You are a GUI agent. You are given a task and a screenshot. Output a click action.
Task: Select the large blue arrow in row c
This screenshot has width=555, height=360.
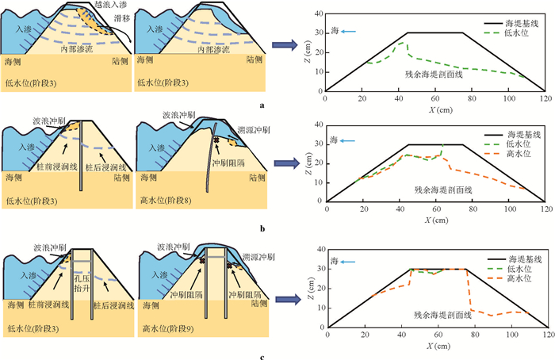287,298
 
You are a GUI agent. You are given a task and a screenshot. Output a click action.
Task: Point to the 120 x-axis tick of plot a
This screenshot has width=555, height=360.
545,96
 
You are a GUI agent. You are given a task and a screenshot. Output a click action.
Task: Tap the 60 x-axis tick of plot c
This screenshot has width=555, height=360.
436,335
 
